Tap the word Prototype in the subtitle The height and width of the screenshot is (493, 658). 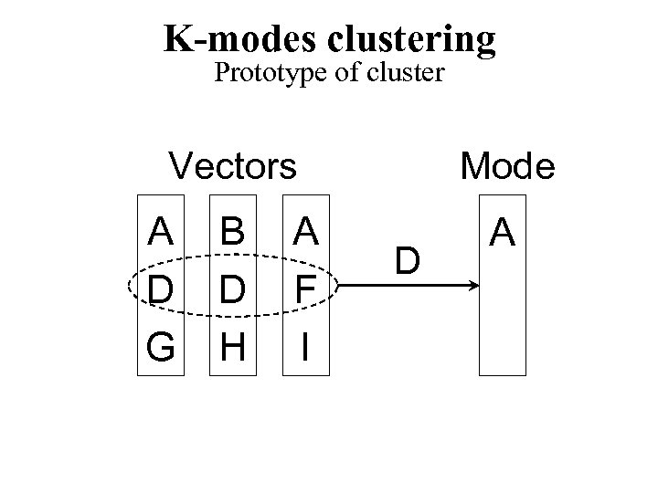(x=263, y=73)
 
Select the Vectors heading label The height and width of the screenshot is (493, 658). (x=233, y=166)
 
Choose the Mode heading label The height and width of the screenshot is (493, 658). (x=507, y=166)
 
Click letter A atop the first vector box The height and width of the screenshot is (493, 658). (x=161, y=232)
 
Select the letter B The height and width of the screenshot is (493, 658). (x=233, y=232)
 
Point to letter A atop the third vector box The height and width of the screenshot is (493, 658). (x=307, y=232)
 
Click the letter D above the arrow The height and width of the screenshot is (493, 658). (x=409, y=261)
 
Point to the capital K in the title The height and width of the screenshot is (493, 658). (x=176, y=38)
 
